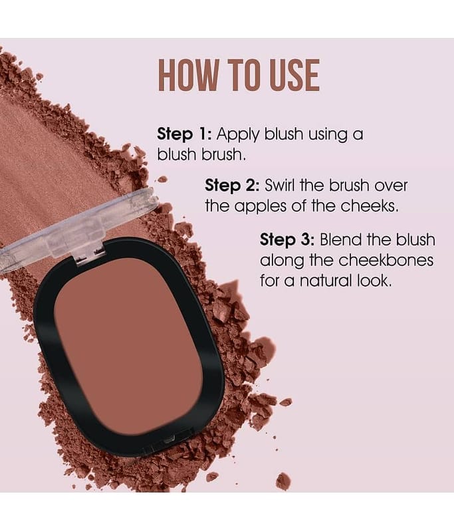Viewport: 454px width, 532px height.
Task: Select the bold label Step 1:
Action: tap(185, 134)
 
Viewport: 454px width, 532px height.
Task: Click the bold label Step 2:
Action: tap(232, 186)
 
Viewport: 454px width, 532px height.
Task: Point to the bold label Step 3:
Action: tap(288, 240)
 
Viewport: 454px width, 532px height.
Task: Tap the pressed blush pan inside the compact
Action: tap(128, 346)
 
